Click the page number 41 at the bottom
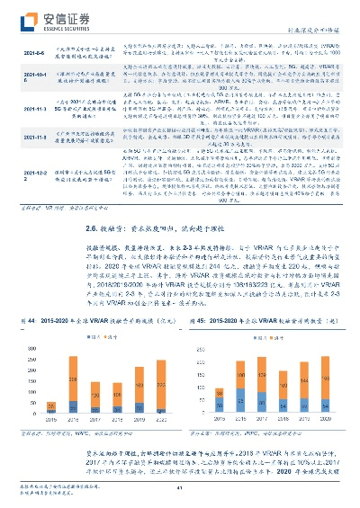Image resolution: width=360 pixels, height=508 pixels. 179,489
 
